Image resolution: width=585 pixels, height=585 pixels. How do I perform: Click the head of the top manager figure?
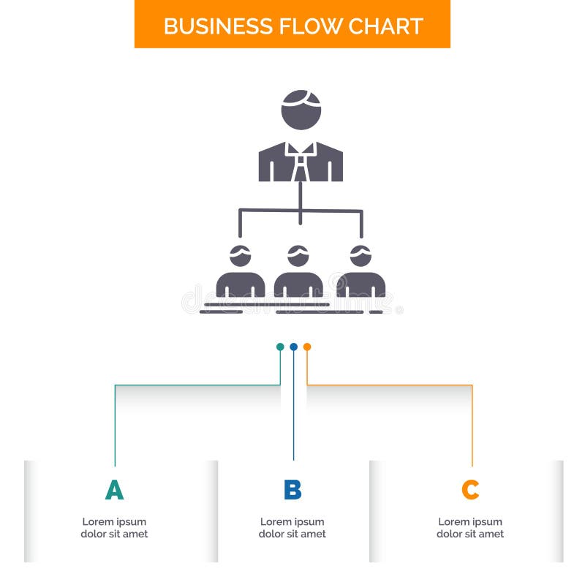pyautogui.click(x=301, y=110)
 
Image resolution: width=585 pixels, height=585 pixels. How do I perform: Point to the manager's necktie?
pyautogui.click(x=301, y=165)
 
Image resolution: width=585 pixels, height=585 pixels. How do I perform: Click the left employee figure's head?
pyautogui.click(x=240, y=256)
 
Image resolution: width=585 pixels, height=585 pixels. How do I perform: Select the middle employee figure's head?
pyautogui.click(x=298, y=256)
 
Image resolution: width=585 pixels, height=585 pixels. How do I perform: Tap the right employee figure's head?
pyautogui.click(x=361, y=256)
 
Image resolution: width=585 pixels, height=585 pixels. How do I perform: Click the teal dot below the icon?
pyautogui.click(x=280, y=347)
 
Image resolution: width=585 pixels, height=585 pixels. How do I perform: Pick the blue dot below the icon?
pyautogui.click(x=293, y=347)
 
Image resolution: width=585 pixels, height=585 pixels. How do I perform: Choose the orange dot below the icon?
pyautogui.click(x=307, y=347)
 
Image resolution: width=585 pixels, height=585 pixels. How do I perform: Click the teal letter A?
pyautogui.click(x=114, y=490)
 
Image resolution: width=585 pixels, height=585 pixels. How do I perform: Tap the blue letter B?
pyautogui.click(x=292, y=490)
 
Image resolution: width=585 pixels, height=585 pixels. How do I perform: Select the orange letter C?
pyautogui.click(x=470, y=490)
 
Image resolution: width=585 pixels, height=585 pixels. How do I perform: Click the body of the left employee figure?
pyautogui.click(x=240, y=285)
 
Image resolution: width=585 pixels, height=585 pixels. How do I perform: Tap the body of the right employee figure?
pyautogui.click(x=361, y=285)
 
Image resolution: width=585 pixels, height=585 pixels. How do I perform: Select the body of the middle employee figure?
pyautogui.click(x=298, y=285)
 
